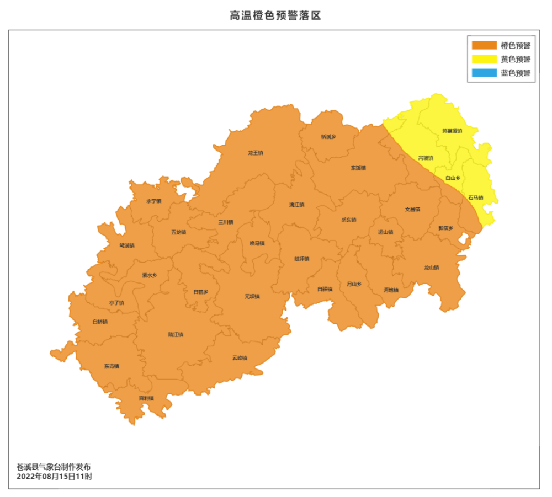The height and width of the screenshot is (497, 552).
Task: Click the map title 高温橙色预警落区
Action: point(275,15)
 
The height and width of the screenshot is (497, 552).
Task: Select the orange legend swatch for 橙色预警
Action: point(484,45)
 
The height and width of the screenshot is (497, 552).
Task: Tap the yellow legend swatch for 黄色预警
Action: point(484,59)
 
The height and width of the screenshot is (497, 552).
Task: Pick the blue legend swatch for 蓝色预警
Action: point(484,73)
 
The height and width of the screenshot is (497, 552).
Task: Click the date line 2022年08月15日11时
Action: point(54,477)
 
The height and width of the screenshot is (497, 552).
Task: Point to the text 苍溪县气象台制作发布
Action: point(54,467)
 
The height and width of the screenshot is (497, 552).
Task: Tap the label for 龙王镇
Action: point(256,153)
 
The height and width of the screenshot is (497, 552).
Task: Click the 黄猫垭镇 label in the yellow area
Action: point(452,131)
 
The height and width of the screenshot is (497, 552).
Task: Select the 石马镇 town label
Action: point(475,197)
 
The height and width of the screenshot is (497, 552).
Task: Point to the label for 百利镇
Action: point(146,398)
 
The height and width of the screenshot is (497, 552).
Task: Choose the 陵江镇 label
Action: point(176,334)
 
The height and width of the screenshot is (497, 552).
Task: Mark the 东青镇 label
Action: point(112,366)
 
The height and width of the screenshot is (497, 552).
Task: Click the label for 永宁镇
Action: point(154,201)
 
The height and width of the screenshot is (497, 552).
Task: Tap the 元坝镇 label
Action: point(252,296)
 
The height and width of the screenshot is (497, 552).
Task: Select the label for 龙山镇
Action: point(431,268)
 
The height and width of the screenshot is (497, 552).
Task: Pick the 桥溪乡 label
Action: point(328,136)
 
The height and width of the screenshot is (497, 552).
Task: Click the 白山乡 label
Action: point(453,178)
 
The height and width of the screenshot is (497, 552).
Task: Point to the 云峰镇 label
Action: point(240,358)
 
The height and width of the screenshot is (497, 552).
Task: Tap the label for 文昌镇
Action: point(412,209)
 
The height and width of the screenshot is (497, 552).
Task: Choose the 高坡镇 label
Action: point(426,158)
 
